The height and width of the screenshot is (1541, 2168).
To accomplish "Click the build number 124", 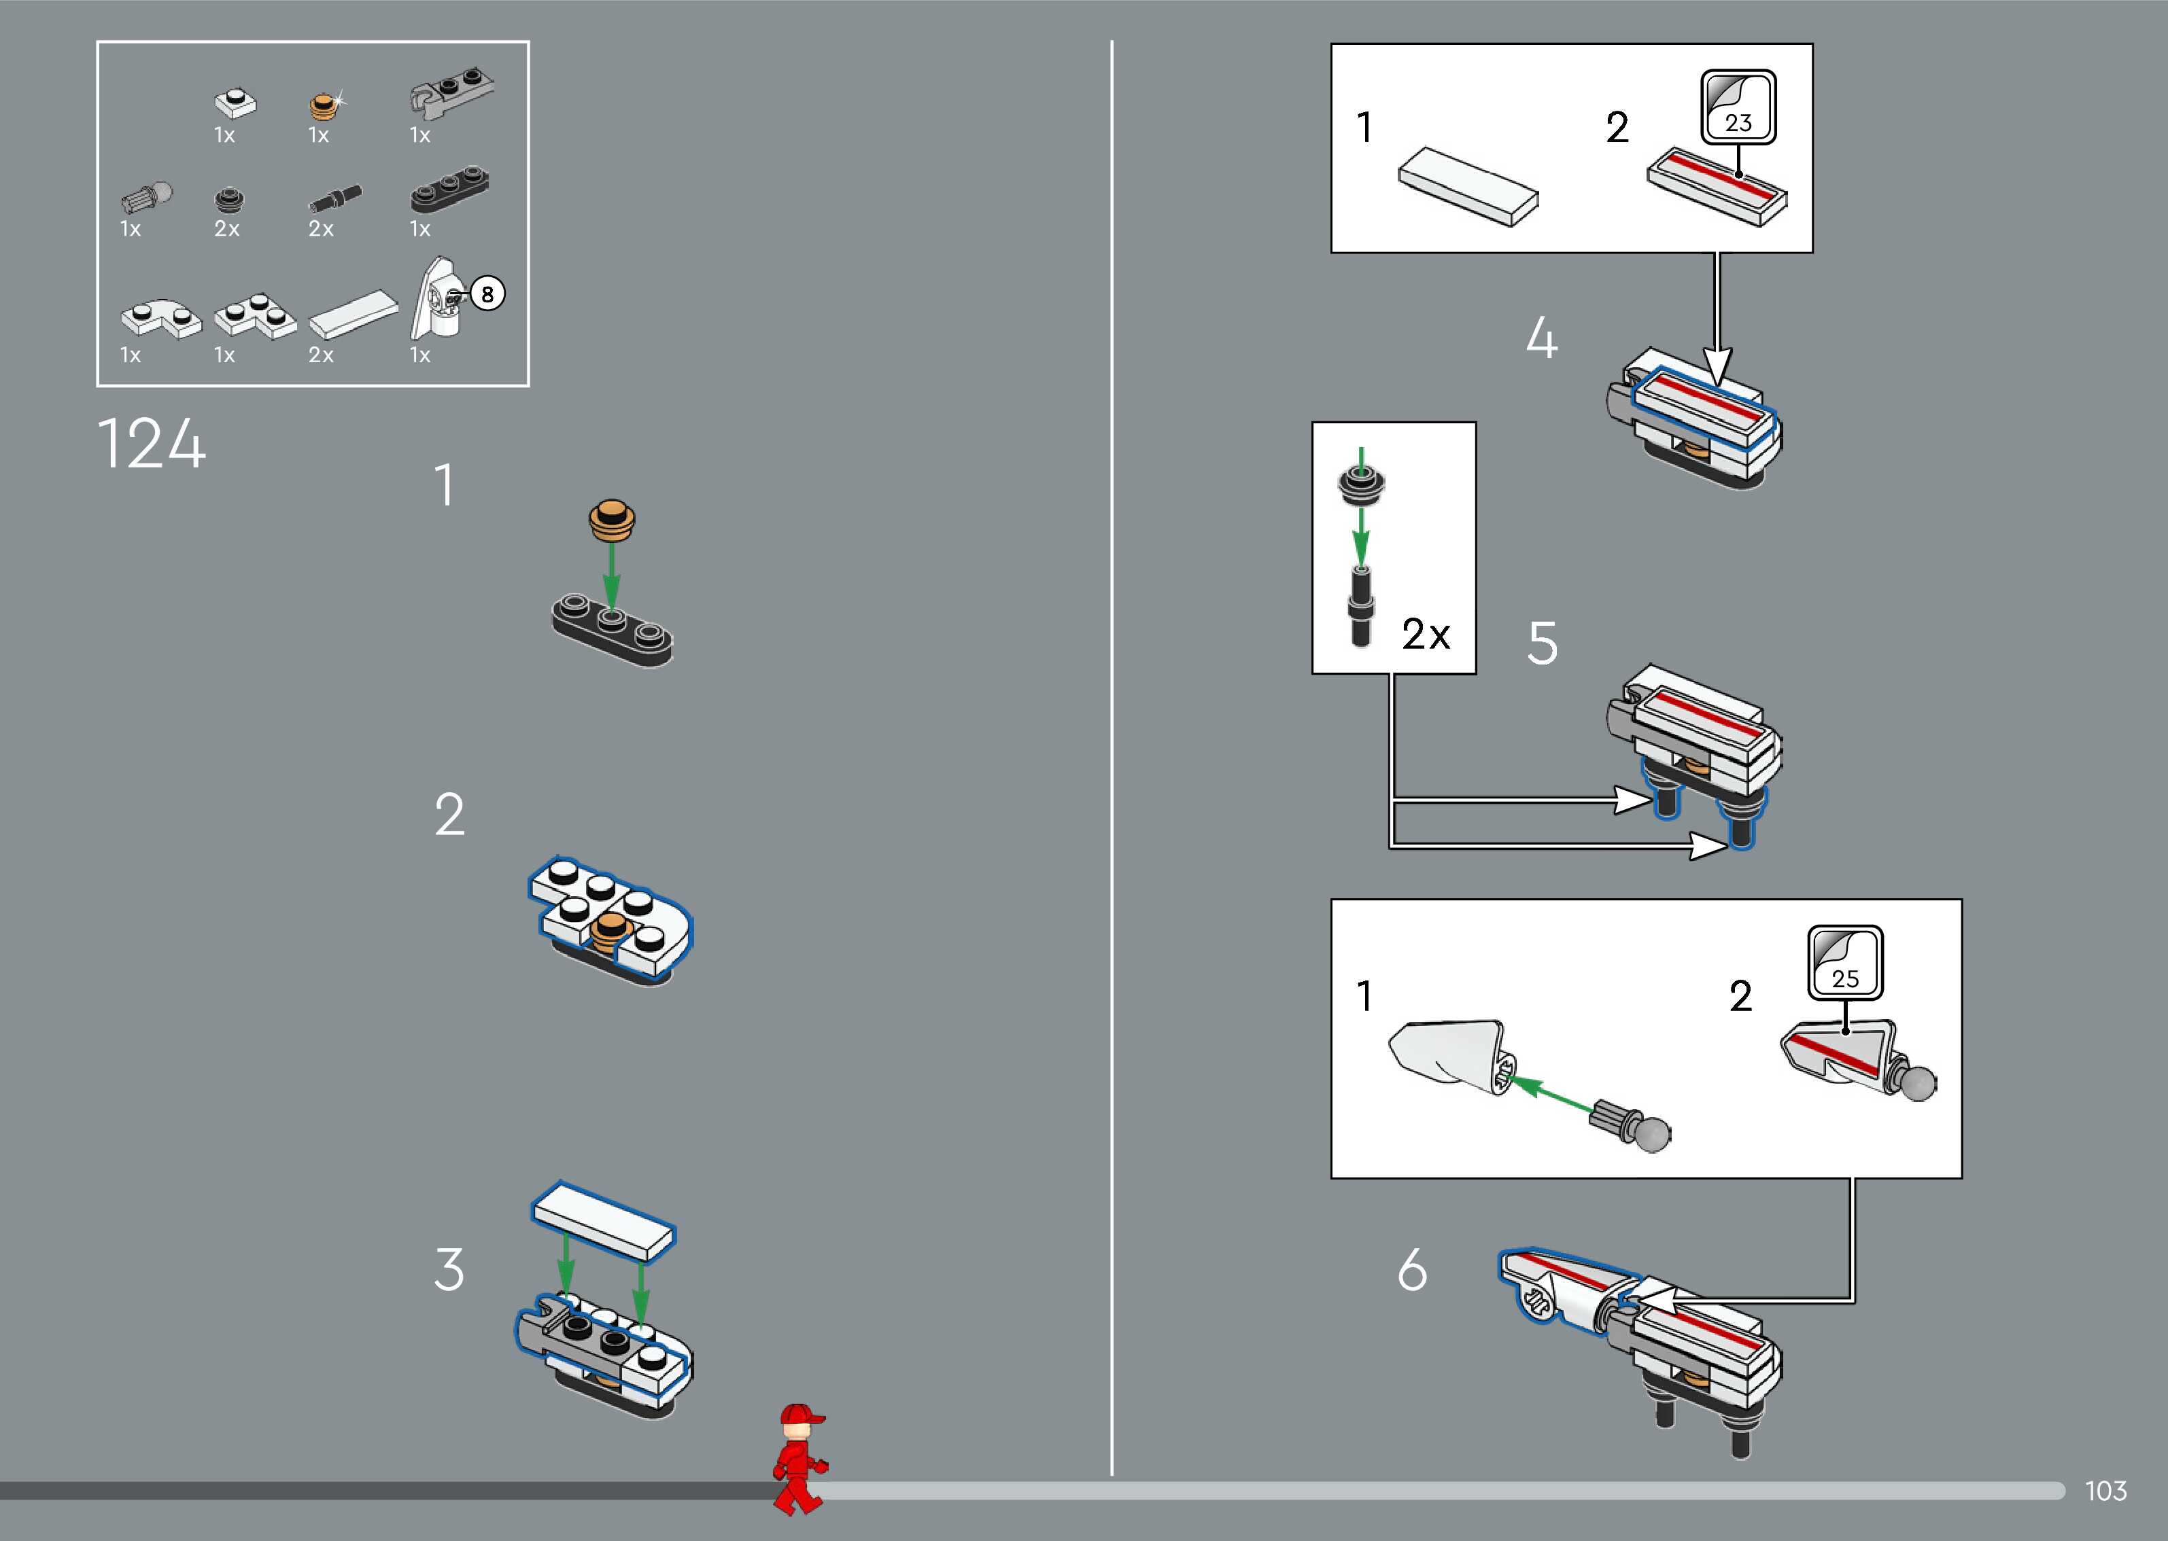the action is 151,444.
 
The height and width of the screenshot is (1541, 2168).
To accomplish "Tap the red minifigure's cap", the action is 799,1417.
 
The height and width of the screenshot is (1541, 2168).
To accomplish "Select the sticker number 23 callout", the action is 1738,106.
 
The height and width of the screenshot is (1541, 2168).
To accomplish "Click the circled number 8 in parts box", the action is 487,294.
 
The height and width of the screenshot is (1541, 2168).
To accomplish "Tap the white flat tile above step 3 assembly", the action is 604,1223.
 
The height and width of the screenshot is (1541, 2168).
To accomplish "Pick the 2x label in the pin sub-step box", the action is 1426,634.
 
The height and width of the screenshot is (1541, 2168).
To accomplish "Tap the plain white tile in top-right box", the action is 1468,186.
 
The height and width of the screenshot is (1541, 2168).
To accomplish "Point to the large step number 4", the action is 1541,339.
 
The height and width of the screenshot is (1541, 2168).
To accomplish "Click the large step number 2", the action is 449,815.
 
